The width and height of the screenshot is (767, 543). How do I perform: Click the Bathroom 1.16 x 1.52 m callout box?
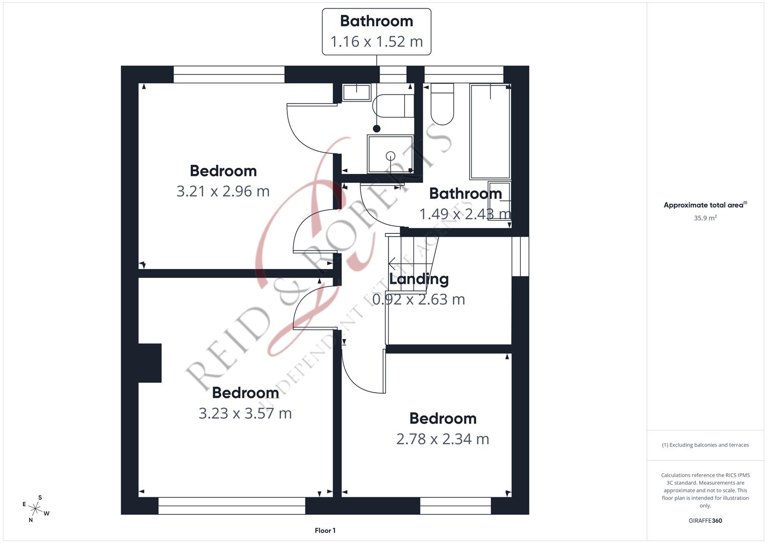tap(376, 31)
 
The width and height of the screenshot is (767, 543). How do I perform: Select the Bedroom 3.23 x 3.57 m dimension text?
tap(245, 413)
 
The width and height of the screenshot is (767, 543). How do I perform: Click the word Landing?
tap(419, 279)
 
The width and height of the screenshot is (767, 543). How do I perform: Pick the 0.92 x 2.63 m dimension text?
tap(418, 300)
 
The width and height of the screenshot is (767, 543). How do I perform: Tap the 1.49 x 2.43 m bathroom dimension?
tap(465, 214)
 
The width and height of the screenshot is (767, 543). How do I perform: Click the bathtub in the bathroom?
tap(490, 131)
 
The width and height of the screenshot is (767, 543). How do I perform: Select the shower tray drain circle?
tap(390, 156)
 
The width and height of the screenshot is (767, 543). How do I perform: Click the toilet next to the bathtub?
tap(442, 105)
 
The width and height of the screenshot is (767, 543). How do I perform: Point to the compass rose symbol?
tap(36, 508)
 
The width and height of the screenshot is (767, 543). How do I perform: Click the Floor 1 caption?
tap(325, 530)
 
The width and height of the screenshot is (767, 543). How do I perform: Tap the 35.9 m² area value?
tap(705, 218)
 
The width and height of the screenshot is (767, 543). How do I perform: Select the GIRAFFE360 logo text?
tap(705, 521)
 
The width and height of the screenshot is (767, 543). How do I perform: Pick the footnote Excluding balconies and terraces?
tap(705, 445)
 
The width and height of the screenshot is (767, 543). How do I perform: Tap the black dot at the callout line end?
tap(377, 129)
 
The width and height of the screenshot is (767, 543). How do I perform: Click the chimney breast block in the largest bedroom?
tap(150, 363)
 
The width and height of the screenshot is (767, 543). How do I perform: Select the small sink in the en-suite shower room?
tap(357, 93)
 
